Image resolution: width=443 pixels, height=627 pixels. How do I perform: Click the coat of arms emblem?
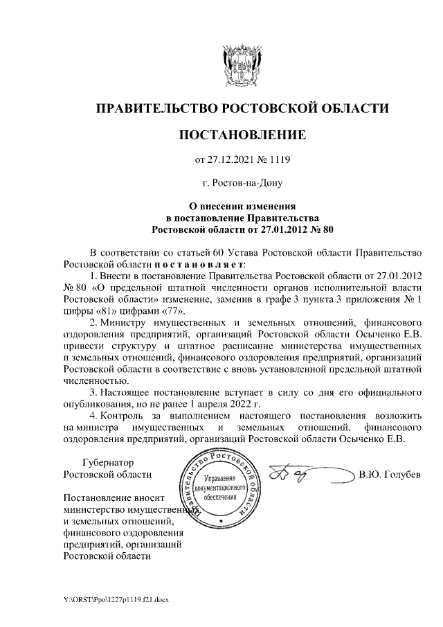click(x=242, y=64)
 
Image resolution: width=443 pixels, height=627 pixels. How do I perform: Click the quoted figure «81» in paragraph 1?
click(x=99, y=311)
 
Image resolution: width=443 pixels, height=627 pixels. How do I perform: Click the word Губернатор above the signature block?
click(x=107, y=462)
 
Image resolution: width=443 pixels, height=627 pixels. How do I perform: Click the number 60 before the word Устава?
click(x=221, y=252)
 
